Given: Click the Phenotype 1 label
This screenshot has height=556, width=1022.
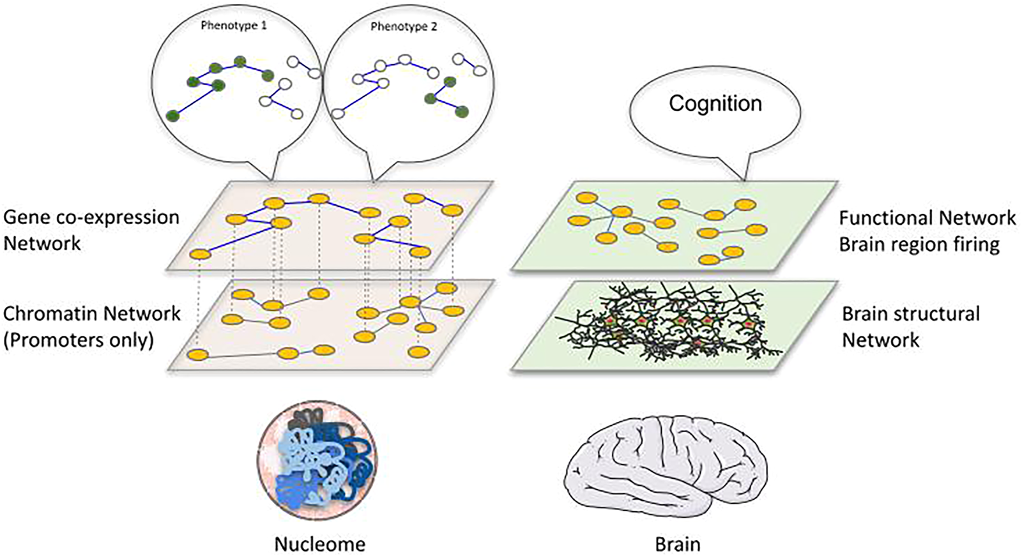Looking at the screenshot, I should point(234,26).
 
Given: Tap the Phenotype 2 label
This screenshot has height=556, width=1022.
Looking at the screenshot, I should point(404,27).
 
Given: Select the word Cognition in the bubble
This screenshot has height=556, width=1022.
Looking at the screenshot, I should point(715,103).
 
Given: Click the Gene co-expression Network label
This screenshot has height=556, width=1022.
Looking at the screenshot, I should point(91,230).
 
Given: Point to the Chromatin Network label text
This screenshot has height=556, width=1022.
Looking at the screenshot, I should point(92,313).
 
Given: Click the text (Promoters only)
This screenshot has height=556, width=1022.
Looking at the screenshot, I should point(79,340).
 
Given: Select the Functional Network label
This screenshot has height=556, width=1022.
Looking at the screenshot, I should point(927,218).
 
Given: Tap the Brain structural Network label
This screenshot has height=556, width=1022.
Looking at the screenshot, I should point(910,326).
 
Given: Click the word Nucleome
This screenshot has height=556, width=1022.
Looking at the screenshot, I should point(319,544).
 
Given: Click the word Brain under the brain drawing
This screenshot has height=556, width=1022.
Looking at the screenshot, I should point(678,545).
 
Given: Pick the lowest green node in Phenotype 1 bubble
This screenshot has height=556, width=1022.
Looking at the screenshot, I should point(172,116).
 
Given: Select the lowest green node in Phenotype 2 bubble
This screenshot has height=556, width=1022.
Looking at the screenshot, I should point(461,112).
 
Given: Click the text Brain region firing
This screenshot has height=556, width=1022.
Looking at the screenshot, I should point(919,244).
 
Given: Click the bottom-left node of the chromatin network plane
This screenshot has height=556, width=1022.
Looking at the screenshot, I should point(197,354).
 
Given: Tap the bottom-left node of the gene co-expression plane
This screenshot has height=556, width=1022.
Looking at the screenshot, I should point(201,255).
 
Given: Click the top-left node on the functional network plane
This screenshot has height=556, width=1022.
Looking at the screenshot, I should point(586,199).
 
